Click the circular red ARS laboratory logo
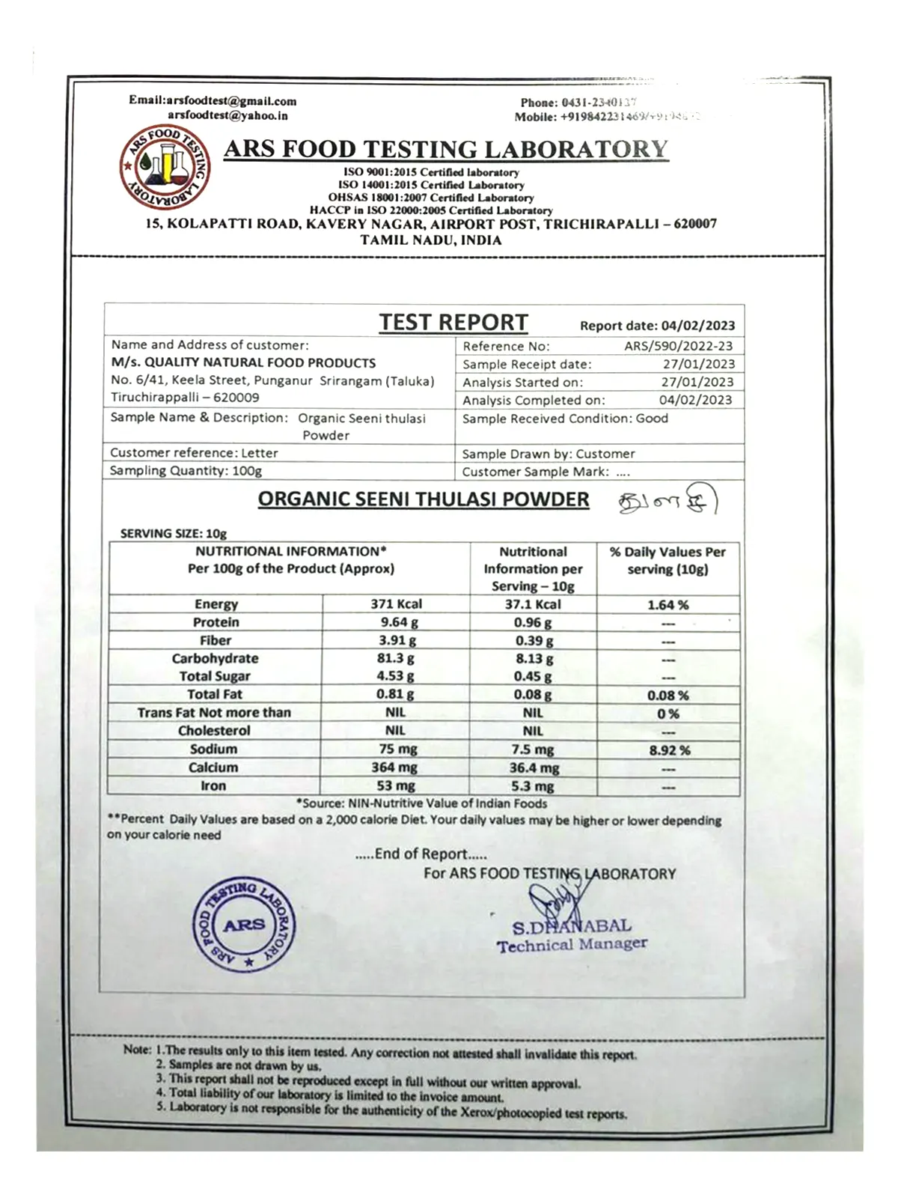coord(165,167)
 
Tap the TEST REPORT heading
coord(453,322)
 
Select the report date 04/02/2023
coord(697,326)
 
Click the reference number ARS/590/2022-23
coord(679,346)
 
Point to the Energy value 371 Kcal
coord(396,604)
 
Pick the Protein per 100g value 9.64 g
coord(399,622)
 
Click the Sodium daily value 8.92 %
coord(669,750)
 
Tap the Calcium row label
coord(213,767)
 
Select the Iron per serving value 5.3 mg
coord(533,786)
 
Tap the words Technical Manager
coord(572,945)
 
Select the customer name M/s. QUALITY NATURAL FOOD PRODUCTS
coord(243,363)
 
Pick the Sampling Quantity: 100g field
coord(186,471)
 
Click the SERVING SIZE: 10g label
coord(173,534)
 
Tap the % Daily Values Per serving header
coord(668,561)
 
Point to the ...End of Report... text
coord(421,854)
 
